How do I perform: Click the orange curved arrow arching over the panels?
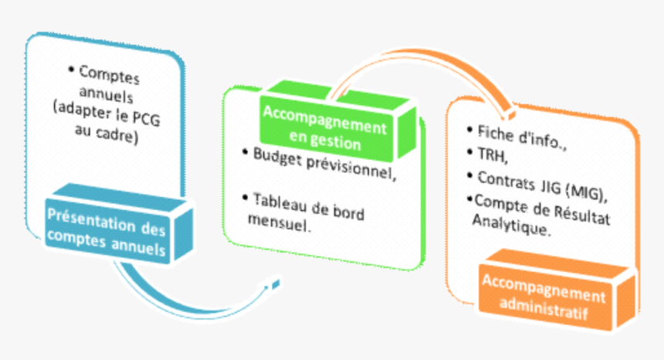click(x=401, y=62)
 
